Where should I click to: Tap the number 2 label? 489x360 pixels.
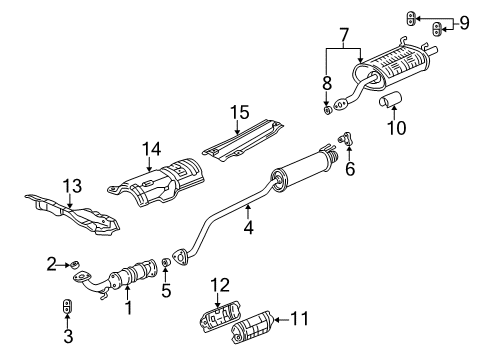[51, 263]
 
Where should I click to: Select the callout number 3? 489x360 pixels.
[67, 339]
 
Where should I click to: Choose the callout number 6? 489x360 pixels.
[350, 170]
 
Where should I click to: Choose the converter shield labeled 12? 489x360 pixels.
[221, 323]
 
